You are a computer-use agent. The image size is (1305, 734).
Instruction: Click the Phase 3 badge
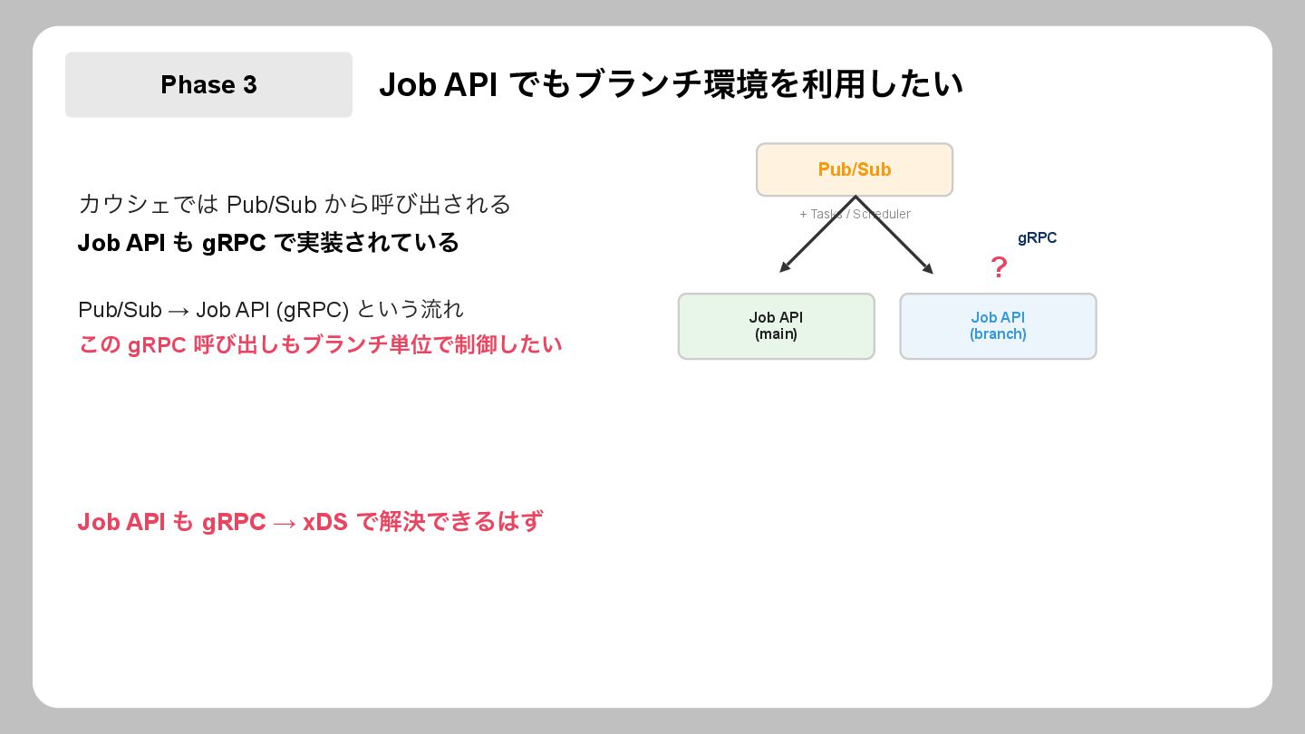tap(208, 84)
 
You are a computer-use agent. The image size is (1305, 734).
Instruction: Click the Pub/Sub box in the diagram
tap(855, 169)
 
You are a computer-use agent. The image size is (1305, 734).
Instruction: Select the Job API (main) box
tap(776, 326)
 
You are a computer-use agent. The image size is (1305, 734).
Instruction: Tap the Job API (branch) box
tap(998, 326)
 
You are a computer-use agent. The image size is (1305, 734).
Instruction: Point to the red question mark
tap(999, 268)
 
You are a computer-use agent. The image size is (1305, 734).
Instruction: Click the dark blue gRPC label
tap(1037, 238)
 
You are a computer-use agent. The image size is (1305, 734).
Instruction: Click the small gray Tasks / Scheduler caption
tap(855, 215)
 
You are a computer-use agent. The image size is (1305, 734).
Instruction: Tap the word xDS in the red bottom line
tap(325, 522)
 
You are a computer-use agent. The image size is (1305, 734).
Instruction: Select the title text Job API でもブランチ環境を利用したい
tap(671, 84)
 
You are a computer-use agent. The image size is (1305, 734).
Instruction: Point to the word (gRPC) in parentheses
tap(313, 310)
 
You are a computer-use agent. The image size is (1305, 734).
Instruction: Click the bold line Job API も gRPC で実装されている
tap(268, 243)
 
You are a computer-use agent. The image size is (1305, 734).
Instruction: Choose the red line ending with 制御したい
tap(320, 345)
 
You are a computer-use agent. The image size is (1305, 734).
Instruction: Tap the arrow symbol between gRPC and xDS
tap(284, 523)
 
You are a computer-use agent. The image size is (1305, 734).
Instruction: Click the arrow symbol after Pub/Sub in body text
tap(179, 311)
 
